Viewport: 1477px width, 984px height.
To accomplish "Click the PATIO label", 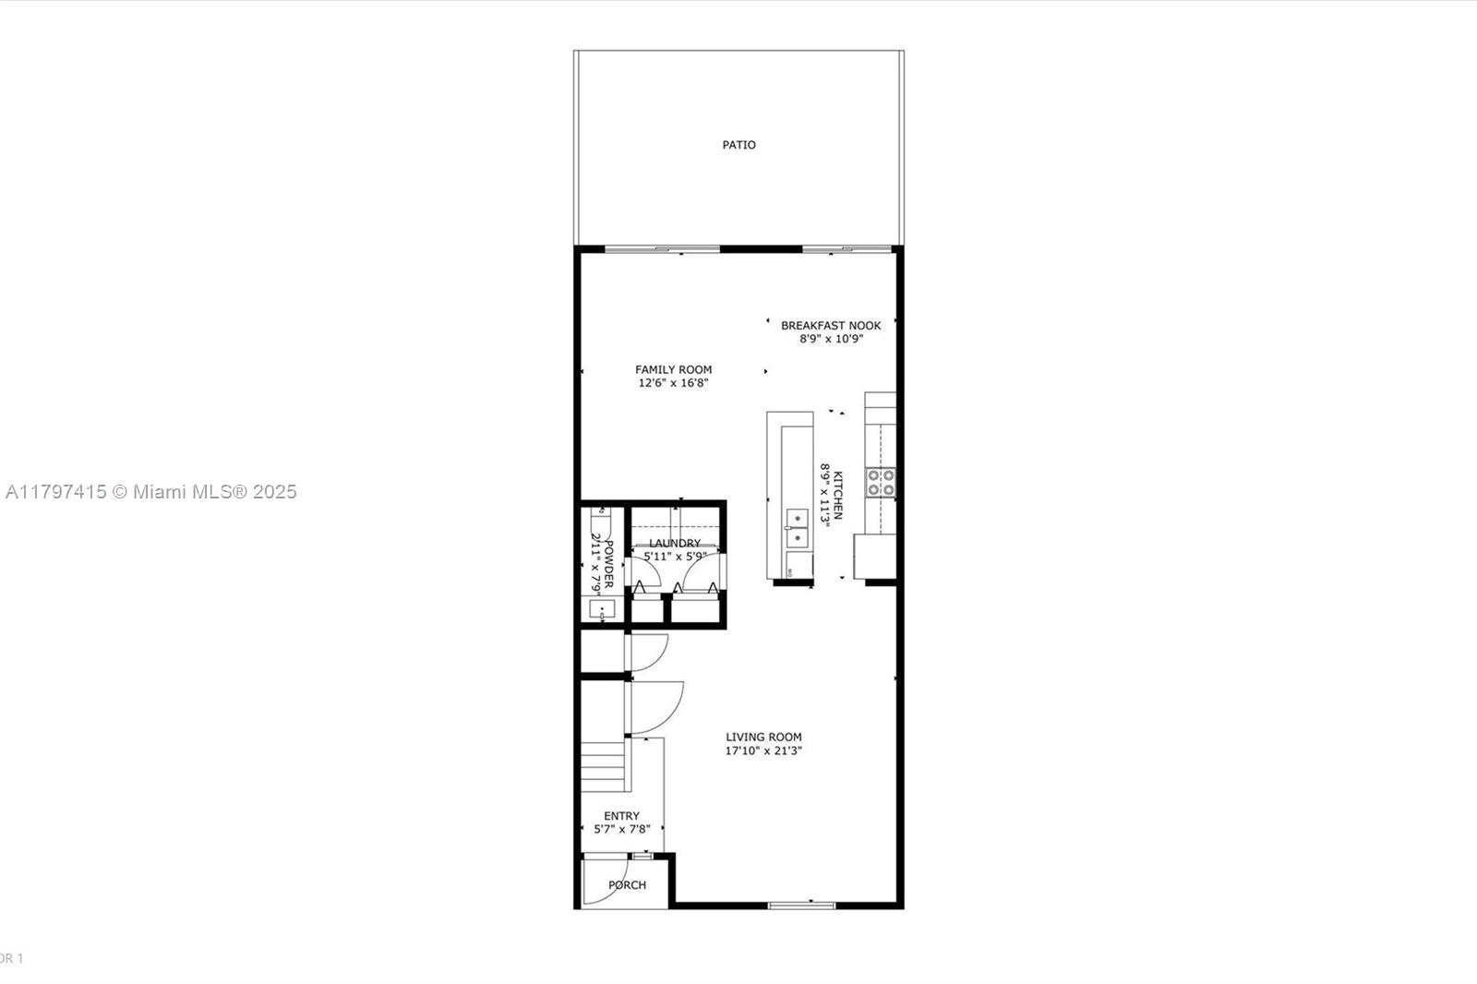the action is [x=738, y=145].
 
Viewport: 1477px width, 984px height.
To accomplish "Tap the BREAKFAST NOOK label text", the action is [x=831, y=325].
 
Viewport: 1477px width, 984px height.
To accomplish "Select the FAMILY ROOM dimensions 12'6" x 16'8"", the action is [x=673, y=382].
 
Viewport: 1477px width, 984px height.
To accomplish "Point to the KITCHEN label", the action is [x=838, y=496].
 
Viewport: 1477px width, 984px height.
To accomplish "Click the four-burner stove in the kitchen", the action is [x=881, y=482].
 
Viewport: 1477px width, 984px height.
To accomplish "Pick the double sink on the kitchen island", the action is [x=798, y=529].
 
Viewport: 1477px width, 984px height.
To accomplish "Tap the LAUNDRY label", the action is [x=675, y=543].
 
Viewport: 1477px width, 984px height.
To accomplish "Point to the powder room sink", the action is [x=602, y=608].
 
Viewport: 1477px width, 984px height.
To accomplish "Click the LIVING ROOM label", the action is [x=763, y=737].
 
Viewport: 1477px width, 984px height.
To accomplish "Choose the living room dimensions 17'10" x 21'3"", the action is [x=763, y=750].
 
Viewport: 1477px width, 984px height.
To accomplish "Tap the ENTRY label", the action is [x=622, y=816].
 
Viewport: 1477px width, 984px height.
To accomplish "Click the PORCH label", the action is [x=627, y=885].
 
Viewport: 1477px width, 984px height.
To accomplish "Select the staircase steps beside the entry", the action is [x=604, y=766].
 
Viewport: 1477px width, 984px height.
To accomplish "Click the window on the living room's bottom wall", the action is [x=802, y=906].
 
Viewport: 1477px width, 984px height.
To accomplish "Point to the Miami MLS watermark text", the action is [x=151, y=492].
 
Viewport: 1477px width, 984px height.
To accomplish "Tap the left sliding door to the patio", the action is [x=662, y=249].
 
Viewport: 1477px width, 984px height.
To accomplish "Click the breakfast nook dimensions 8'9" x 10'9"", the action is [x=831, y=339].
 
